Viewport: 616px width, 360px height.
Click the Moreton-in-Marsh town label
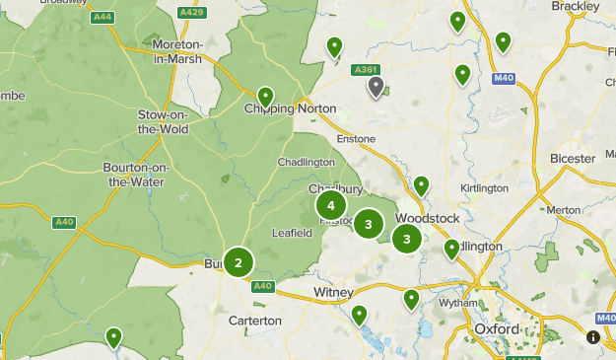[177, 51]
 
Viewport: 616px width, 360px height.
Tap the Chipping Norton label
[291, 108]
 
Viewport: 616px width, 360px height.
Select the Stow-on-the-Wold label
[163, 122]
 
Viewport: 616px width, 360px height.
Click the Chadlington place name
[307, 162]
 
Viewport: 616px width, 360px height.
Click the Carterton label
[255, 321]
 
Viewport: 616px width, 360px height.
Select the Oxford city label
[496, 328]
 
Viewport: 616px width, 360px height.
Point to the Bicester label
[573, 158]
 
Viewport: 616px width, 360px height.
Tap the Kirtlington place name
[484, 187]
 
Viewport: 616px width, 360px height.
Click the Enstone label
[357, 139]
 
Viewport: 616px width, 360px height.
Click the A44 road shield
[102, 17]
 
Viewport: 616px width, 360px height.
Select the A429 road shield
[191, 12]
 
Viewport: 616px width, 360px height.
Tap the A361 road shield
[365, 69]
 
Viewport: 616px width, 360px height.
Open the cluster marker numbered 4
[331, 206]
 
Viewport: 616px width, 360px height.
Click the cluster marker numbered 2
[238, 262]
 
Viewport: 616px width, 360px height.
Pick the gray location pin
[376, 87]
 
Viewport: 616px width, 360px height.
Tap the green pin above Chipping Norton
[265, 96]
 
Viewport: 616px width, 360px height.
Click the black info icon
[593, 336]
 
